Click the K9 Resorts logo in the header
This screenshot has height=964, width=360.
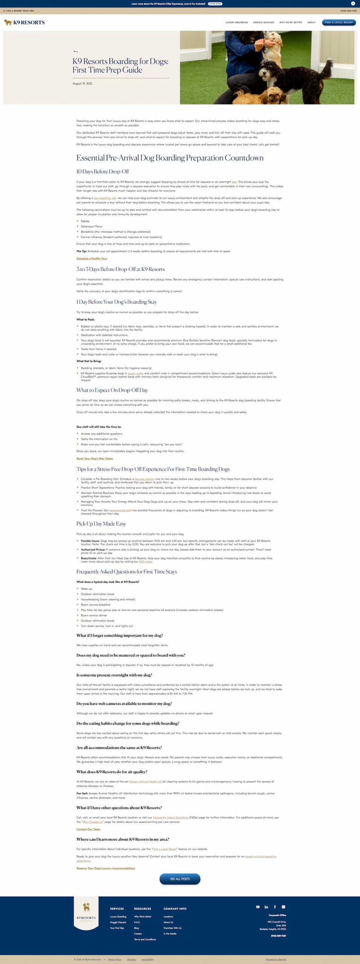24,23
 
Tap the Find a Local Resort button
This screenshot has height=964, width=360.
339,22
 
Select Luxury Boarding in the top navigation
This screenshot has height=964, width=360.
236,23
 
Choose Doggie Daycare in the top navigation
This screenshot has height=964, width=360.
264,23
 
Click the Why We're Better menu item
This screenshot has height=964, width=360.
290,23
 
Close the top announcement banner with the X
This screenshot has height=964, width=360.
353,3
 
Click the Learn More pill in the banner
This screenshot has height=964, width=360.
215,4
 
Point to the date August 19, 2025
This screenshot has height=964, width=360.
82,84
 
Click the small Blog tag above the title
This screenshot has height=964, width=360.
76,51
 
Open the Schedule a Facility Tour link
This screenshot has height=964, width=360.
92,259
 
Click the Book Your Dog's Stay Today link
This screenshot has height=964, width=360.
95,459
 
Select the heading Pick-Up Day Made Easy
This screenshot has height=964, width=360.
101,524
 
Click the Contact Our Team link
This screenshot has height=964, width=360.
88,829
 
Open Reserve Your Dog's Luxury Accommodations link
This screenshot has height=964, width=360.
105,868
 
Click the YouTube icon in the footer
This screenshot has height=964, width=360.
258,907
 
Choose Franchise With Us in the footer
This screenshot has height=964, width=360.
172,928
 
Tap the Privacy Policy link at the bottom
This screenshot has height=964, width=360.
114,959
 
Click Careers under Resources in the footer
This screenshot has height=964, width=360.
138,933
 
